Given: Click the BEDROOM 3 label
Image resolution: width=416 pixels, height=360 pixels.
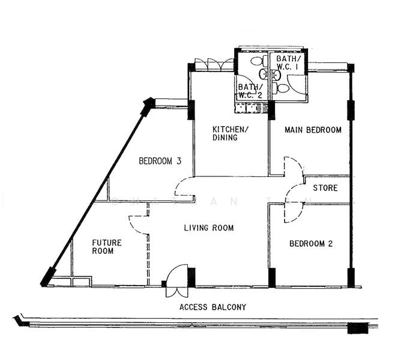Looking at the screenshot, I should (x=160, y=161).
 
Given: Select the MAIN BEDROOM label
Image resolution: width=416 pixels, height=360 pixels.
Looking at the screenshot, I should (x=313, y=130).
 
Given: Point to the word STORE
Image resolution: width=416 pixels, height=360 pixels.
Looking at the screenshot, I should (x=325, y=188).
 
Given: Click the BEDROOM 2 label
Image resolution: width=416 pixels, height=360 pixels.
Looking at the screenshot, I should (x=310, y=244).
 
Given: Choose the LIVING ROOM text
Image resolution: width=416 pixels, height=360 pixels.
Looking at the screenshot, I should (x=208, y=228).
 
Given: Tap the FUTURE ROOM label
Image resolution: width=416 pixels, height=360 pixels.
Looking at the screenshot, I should (x=106, y=247).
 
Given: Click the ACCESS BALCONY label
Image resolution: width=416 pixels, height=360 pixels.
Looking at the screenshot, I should (x=213, y=307).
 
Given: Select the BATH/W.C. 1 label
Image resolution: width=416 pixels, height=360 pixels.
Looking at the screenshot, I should (x=286, y=63).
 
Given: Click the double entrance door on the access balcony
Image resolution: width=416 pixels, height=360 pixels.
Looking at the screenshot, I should (x=176, y=283).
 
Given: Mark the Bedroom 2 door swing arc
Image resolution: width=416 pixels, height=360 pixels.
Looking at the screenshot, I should (x=292, y=213).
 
